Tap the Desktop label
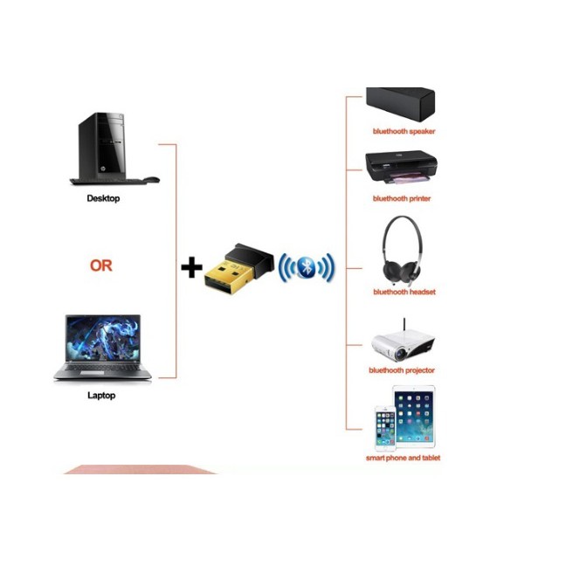click(x=103, y=198)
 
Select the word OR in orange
click(x=101, y=265)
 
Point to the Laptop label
click(x=101, y=396)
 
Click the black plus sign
click(x=191, y=266)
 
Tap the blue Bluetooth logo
click(x=306, y=268)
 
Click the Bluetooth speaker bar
click(x=401, y=105)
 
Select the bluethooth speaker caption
click(x=404, y=131)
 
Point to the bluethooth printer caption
click(x=402, y=198)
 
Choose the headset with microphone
click(x=403, y=248)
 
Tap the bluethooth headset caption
click(x=404, y=292)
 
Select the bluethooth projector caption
click(x=402, y=370)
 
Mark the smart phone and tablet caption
click(x=403, y=458)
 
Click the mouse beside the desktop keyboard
click(x=150, y=179)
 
